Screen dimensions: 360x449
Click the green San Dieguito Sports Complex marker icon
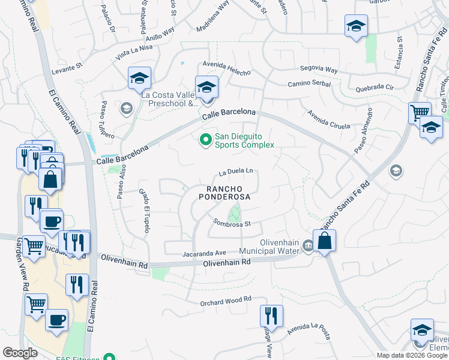205,140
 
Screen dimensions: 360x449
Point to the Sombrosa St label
231,223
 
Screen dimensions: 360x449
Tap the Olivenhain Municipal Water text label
268,251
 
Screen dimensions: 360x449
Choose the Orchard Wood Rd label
225,299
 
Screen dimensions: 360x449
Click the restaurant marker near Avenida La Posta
271,316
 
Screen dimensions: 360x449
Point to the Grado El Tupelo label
145,210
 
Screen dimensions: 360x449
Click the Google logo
20,353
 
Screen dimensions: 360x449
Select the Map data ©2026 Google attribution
412,355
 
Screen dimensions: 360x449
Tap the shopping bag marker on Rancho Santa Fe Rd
324,241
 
